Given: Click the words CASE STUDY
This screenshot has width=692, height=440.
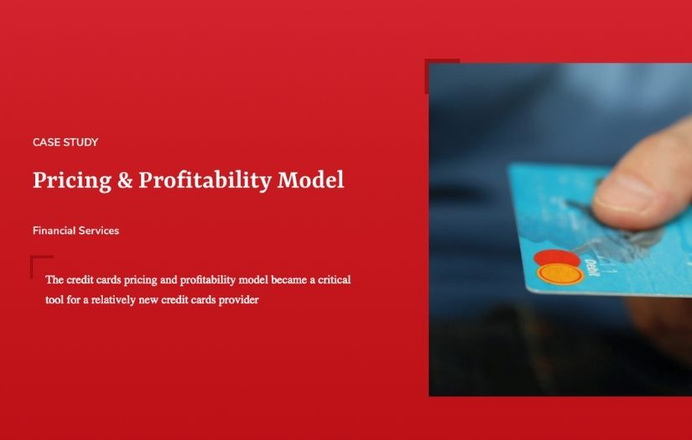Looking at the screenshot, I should pos(65,142).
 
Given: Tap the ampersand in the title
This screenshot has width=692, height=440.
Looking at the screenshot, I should pos(124,180).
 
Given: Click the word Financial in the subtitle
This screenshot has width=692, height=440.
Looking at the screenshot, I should pos(54,230).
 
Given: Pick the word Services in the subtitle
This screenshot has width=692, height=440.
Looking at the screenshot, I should pos(99,230).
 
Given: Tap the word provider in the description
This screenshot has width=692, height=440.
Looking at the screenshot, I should pos(238,299).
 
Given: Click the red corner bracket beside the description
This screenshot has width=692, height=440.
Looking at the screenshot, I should pos(35,261).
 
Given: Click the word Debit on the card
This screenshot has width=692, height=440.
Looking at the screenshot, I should pos(591,267).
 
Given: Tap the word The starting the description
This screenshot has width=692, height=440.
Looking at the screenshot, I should pos(55,280).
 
